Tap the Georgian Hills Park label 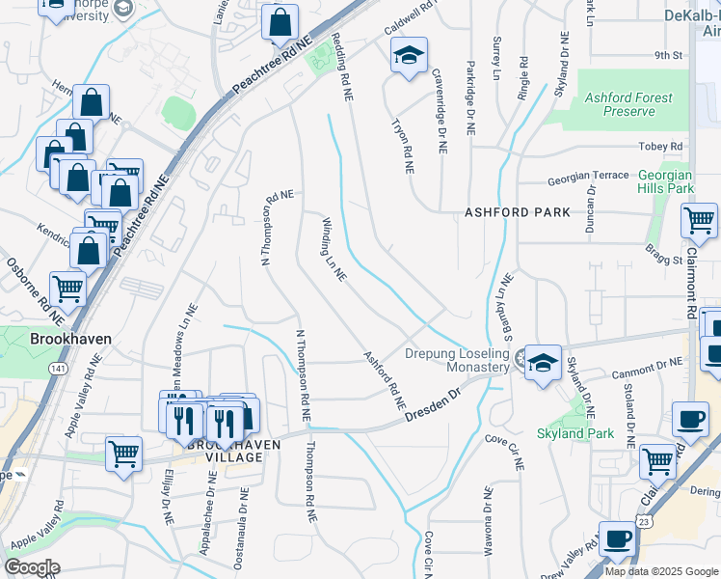point(665,181)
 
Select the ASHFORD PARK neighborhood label point(517,211)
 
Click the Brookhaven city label point(70,340)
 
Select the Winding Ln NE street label point(333,249)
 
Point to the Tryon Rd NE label point(402,147)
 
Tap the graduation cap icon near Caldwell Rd point(409,56)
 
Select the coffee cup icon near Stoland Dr point(690,418)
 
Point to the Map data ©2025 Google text point(660,571)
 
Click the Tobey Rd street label point(660,146)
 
